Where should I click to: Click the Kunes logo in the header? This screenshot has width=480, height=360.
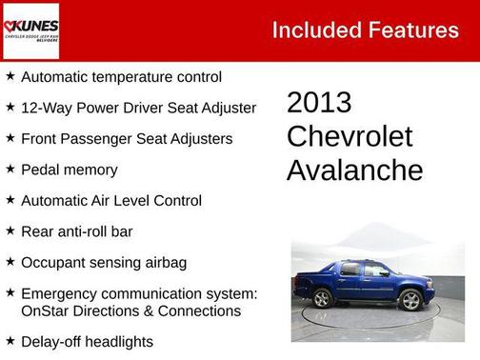point(31,30)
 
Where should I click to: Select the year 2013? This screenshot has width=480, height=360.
point(319,103)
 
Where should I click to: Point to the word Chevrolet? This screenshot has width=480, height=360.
point(350,136)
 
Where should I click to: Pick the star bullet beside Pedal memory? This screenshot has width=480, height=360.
point(10,169)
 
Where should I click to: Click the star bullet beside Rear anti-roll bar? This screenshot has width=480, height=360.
point(10,230)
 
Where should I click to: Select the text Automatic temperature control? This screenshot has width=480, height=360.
point(121,76)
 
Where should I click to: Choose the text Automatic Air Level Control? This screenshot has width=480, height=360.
point(110,200)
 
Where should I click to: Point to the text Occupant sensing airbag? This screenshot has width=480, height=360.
point(103,262)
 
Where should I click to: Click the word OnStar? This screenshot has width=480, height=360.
point(46,310)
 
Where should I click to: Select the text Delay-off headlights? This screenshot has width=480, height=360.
point(87,341)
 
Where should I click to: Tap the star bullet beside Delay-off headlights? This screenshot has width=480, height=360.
point(10,340)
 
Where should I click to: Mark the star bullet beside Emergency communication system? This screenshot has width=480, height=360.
point(10,293)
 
